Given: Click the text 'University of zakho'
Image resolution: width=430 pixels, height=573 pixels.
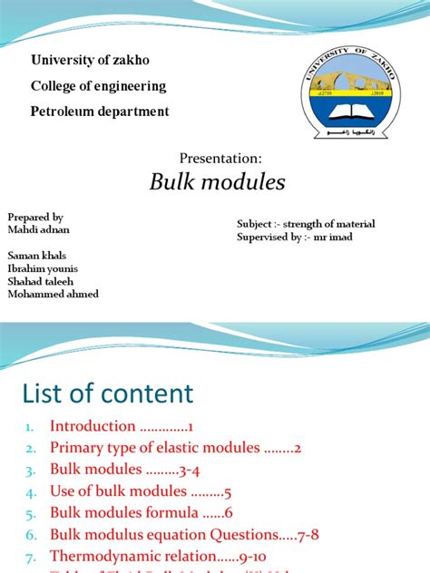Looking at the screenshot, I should [90, 61].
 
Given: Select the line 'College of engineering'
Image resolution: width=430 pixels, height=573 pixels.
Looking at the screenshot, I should [99, 86].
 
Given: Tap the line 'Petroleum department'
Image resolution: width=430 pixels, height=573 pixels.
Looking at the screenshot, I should [100, 112].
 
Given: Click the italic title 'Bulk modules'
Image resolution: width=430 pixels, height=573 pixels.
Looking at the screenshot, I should [217, 182].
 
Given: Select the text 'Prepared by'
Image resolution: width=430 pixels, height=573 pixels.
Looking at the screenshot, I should [35, 218].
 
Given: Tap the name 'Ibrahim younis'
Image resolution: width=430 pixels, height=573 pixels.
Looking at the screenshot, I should [43, 268].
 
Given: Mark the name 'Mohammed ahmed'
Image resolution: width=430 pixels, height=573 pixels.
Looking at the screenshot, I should [53, 294].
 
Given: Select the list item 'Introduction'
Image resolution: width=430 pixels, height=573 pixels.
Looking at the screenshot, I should [92, 425].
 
